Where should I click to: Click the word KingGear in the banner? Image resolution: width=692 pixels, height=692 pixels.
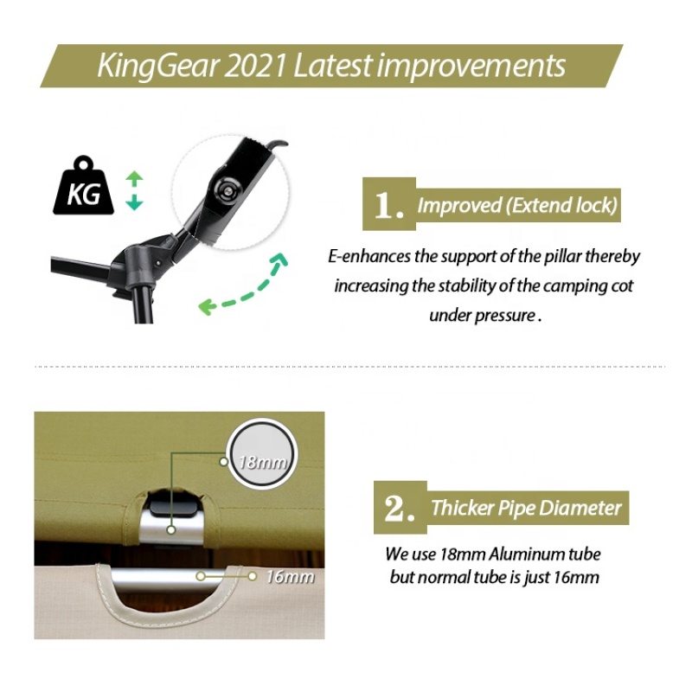click(x=157, y=67)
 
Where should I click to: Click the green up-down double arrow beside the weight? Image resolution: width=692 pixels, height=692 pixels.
click(x=134, y=191)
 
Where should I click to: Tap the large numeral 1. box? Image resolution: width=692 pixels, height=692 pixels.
click(x=388, y=204)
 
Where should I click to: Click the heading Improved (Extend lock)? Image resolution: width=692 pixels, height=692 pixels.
click(x=517, y=205)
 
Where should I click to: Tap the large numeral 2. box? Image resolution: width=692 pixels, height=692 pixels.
click(x=400, y=508)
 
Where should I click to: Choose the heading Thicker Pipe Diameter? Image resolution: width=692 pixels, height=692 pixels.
click(x=526, y=508)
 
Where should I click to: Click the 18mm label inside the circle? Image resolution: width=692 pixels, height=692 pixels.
click(x=262, y=462)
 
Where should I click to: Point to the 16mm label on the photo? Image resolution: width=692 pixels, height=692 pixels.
click(x=291, y=577)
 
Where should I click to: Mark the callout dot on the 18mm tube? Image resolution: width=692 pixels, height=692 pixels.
click(x=171, y=529)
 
